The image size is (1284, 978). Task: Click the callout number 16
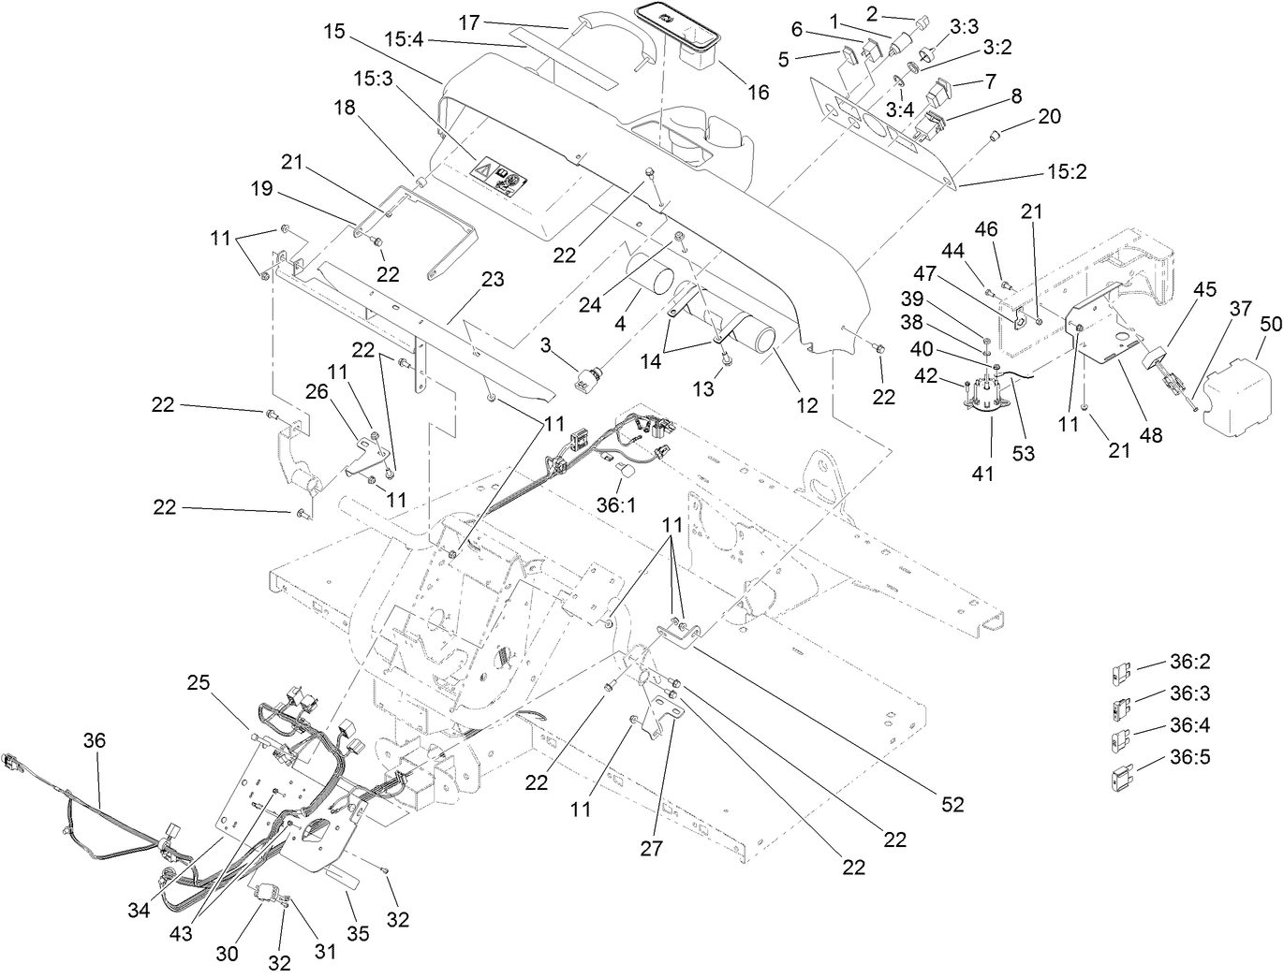758,92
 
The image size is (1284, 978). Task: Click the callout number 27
651,848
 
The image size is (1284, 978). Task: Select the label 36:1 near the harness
615,504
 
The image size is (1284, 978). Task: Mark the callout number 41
981,474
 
